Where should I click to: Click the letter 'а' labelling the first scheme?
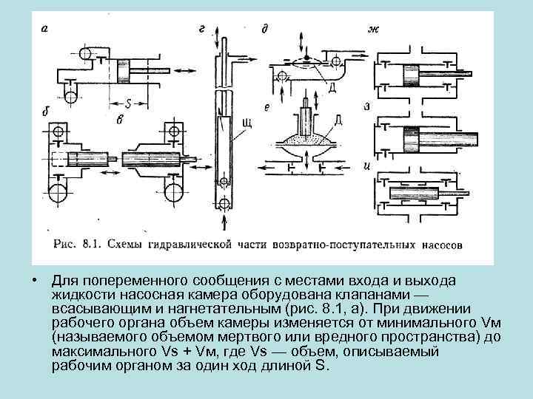pyautogui.click(x=45, y=30)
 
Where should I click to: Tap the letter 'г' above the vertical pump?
pyautogui.click(x=201, y=29)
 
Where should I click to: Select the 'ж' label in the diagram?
pyautogui.click(x=373, y=30)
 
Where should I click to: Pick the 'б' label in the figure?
pyautogui.click(x=46, y=112)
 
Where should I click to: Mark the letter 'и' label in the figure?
pyautogui.click(x=368, y=164)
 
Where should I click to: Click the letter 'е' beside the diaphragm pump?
pyautogui.click(x=266, y=108)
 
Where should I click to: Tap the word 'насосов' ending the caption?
pyautogui.click(x=443, y=243)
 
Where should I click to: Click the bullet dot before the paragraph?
pyautogui.click(x=35, y=282)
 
